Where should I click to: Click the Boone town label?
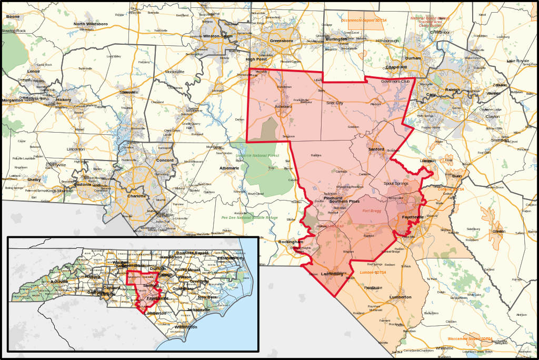coord(13,17)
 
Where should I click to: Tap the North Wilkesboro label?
coord(91,24)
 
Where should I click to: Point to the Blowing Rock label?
coord(14,31)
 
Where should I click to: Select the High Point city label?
coord(256,59)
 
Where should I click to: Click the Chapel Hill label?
coord(396,67)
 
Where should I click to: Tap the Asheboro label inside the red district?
coord(283,106)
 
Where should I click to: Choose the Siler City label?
coord(334,103)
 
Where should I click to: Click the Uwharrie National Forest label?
coord(257,156)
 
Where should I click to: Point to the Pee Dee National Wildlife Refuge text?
coord(249,217)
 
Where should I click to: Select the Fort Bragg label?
coord(372,211)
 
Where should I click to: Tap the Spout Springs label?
coord(396,183)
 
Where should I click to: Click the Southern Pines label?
coord(344,202)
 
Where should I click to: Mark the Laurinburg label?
coord(332,274)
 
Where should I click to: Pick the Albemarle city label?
coord(229,168)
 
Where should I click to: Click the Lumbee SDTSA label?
coord(373,273)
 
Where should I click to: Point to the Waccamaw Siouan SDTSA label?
coord(470,338)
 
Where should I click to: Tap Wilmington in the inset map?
coord(186,327)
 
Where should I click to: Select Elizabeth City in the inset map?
coord(231,258)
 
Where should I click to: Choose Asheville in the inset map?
coord(59,282)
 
